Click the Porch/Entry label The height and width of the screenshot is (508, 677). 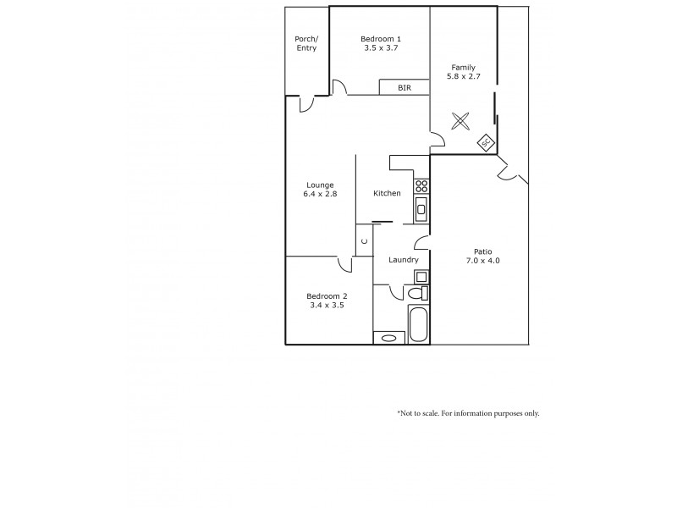click(x=305, y=43)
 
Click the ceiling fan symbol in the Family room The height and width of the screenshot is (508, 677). click(x=460, y=121)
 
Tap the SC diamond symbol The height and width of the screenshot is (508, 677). click(x=486, y=143)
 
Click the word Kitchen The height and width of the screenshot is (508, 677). click(x=387, y=194)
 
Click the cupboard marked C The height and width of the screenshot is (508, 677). click(x=364, y=240)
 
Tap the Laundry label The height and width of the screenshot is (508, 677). click(x=403, y=260)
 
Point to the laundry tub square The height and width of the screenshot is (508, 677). click(x=421, y=276)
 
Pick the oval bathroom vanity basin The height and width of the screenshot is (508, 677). click(x=389, y=338)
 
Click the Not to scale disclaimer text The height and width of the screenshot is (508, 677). click(x=468, y=413)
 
